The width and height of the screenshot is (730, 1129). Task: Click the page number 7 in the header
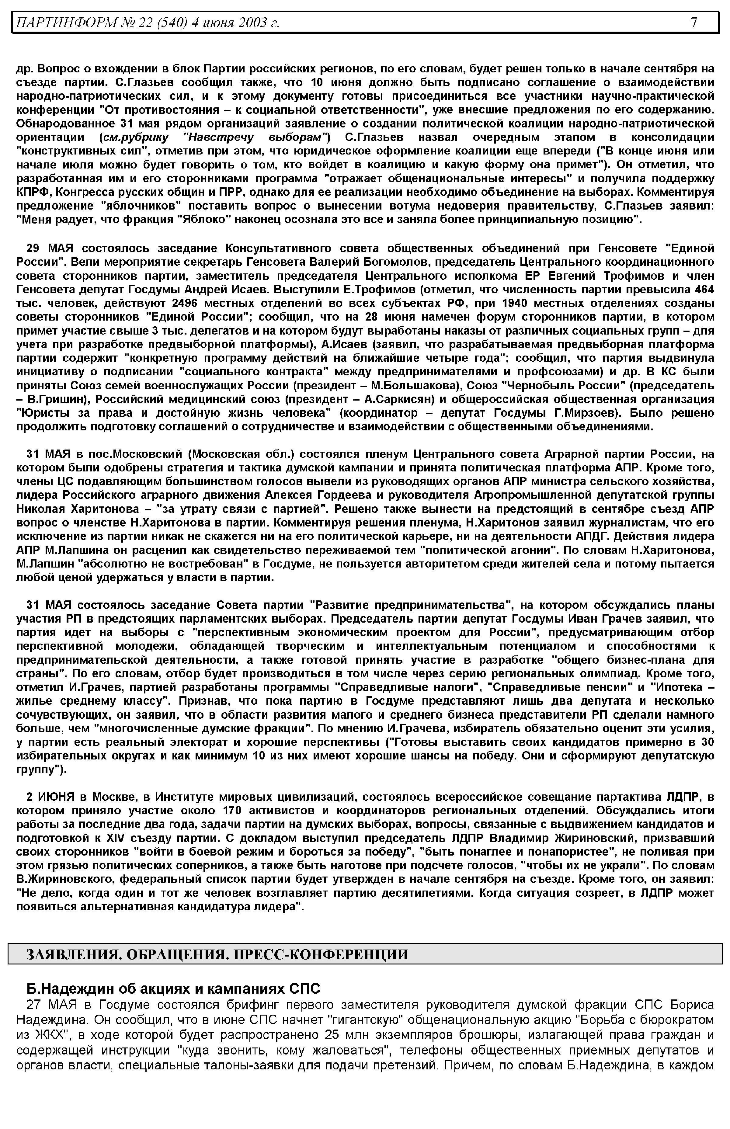coord(693,22)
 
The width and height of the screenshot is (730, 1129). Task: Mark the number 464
coord(704,290)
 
